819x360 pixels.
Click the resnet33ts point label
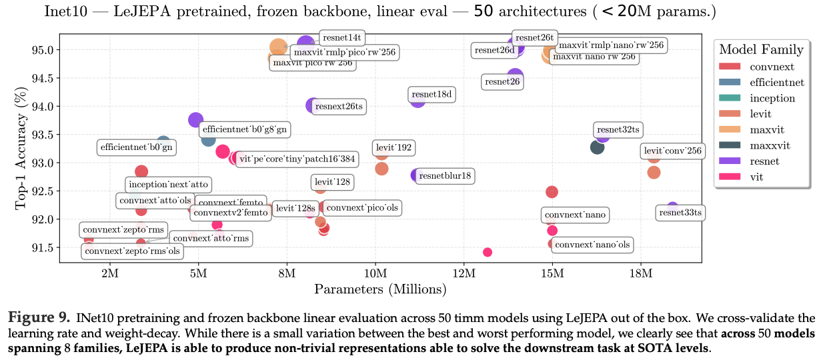[680, 213]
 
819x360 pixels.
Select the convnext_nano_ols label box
[592, 245]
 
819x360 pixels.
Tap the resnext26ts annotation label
[340, 106]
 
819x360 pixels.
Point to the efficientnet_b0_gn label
[137, 147]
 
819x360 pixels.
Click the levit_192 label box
[394, 147]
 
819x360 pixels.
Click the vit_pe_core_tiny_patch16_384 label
[295, 159]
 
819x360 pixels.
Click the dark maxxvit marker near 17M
[597, 147]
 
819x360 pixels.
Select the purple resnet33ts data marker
[672, 208]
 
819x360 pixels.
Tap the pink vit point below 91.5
[488, 252]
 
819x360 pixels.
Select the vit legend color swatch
[730, 177]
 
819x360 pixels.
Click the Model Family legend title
[761, 49]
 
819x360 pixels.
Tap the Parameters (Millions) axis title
[380, 289]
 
